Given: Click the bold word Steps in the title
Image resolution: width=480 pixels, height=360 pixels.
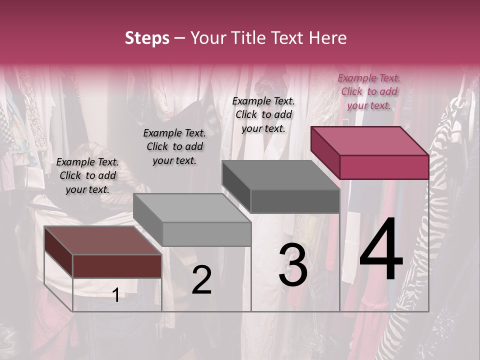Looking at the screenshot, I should coord(147,38).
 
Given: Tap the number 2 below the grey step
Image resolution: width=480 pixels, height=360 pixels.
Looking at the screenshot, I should coord(201,280).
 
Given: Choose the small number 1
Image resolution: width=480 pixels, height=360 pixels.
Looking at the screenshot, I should coord(116,295).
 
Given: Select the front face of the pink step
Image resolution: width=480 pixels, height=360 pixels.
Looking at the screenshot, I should coord(384,167).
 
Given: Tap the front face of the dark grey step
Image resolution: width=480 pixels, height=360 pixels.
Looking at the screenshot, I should coord(295,201).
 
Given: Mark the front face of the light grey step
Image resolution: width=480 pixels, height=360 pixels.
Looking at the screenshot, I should coord(206,234).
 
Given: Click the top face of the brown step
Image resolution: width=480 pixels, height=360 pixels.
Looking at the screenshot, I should coord(103,240).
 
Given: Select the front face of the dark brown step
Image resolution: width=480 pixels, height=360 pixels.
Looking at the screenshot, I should coord(117,266).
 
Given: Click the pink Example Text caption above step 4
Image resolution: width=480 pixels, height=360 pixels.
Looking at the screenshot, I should coord(369,91).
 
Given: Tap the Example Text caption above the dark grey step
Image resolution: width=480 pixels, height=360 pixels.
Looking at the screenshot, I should coord(263,114).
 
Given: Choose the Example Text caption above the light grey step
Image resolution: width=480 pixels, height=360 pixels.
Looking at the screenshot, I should coord(174,146).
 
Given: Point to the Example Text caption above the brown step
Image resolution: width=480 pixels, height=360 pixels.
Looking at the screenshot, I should coord(87,175).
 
